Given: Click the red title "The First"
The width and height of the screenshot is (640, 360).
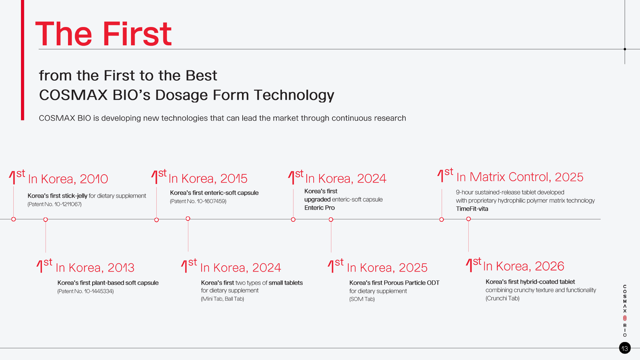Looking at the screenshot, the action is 103,34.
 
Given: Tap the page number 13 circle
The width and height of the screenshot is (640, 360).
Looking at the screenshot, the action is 625,348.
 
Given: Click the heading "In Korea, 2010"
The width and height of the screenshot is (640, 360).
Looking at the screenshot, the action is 68,179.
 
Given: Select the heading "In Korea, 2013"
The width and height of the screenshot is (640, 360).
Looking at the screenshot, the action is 95,268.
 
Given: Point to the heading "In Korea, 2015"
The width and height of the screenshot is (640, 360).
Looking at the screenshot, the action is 208,178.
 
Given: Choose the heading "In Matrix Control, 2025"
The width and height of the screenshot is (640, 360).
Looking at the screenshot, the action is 520,177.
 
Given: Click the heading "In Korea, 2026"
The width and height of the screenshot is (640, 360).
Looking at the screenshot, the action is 524,266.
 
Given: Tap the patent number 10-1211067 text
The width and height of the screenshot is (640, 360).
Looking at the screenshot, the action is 55,204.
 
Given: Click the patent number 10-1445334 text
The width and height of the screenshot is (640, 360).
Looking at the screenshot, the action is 86,291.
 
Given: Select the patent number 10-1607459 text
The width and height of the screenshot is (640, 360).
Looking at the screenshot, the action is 198,201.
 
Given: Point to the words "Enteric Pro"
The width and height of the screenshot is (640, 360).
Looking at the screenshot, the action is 319,208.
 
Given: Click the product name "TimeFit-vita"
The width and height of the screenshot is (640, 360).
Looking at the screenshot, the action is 472,209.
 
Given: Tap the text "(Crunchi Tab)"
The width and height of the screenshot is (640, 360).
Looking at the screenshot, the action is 502,298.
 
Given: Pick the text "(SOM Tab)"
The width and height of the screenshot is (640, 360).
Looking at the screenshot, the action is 362,299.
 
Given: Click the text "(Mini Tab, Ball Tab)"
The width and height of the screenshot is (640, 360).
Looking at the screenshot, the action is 222,299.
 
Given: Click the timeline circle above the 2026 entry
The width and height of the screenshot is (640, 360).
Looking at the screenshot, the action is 468,219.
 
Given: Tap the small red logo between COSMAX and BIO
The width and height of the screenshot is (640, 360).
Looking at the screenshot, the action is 625,318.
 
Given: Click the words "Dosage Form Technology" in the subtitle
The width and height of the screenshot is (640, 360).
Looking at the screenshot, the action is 245,95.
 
